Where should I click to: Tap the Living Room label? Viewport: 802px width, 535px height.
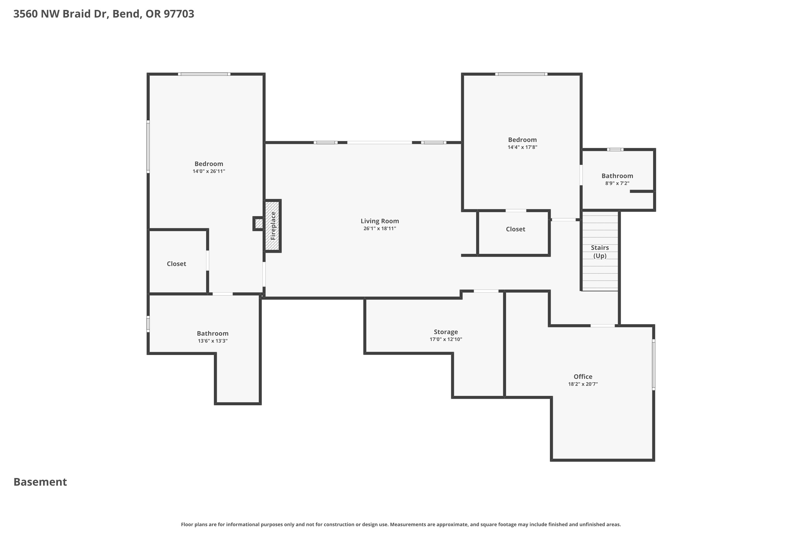click(380, 221)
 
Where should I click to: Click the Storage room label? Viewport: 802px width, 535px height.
click(446, 332)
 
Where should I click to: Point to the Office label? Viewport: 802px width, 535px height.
click(583, 377)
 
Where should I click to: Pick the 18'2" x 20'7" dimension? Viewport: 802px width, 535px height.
click(583, 384)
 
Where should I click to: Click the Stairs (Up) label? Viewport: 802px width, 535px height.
click(600, 252)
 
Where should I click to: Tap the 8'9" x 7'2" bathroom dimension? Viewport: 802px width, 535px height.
click(617, 183)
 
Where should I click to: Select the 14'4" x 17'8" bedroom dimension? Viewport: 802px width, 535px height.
click(522, 147)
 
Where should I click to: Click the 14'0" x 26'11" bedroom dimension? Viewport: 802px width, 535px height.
click(209, 171)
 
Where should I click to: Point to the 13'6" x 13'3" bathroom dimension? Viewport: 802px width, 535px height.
click(213, 341)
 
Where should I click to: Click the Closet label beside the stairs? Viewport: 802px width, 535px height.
click(515, 229)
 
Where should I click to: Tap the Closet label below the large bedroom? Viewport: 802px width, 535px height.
click(176, 264)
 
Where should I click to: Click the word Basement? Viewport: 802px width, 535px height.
click(40, 482)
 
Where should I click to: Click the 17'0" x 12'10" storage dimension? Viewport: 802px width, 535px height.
click(446, 339)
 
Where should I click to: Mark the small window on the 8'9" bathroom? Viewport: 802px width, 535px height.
click(615, 150)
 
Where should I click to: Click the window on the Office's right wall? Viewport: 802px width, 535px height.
click(654, 364)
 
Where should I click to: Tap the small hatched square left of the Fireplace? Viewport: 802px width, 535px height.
click(259, 223)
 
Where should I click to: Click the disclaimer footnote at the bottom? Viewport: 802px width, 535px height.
click(401, 524)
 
